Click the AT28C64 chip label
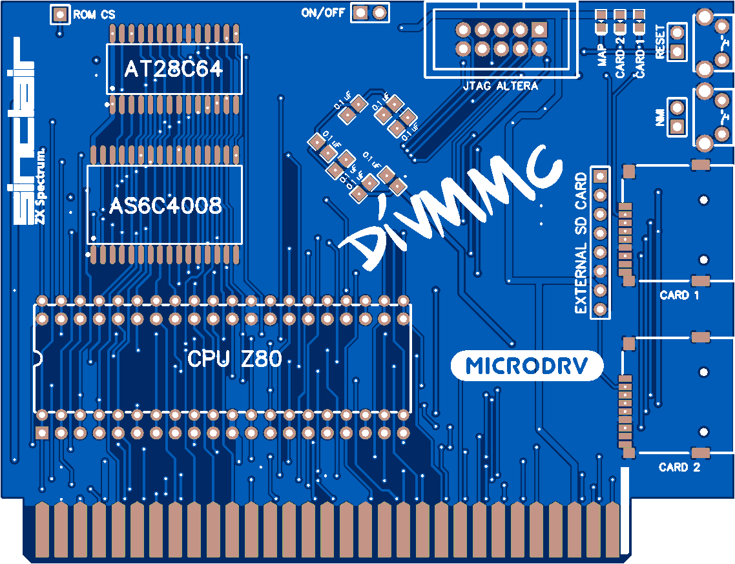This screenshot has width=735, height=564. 173,69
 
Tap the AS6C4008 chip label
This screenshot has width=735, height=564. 165,205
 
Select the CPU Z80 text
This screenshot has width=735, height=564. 234,359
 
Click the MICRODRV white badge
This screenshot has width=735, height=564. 526,366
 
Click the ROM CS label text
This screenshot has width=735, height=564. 94,14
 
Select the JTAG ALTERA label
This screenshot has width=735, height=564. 500,86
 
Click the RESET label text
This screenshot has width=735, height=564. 659,43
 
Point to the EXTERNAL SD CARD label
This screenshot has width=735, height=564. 581,243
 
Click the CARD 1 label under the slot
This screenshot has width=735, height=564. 679,295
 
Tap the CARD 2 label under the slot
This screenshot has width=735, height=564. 679,467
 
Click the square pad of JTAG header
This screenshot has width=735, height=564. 540,29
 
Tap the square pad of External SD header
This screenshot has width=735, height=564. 600,175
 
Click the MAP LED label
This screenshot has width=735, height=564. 602,56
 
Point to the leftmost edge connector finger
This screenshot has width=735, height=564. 43,530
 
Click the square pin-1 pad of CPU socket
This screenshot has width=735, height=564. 41,432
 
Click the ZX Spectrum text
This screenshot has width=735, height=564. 41,187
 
